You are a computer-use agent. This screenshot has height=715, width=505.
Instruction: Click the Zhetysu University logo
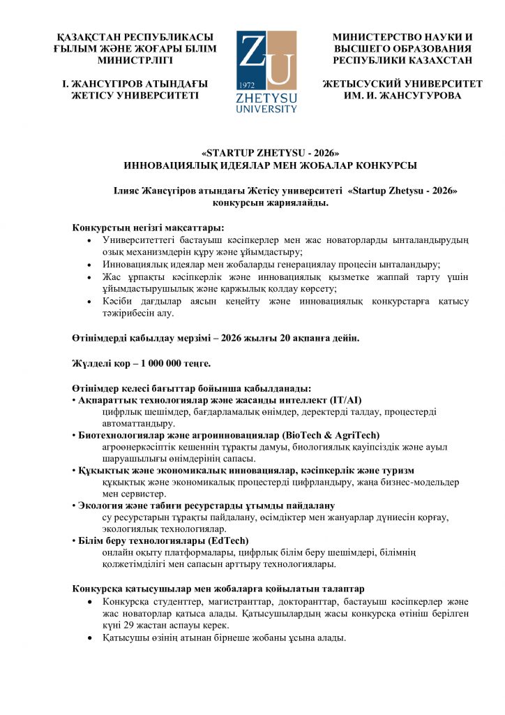[266, 71]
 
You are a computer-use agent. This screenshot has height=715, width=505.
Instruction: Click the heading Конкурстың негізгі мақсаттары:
[148, 228]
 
